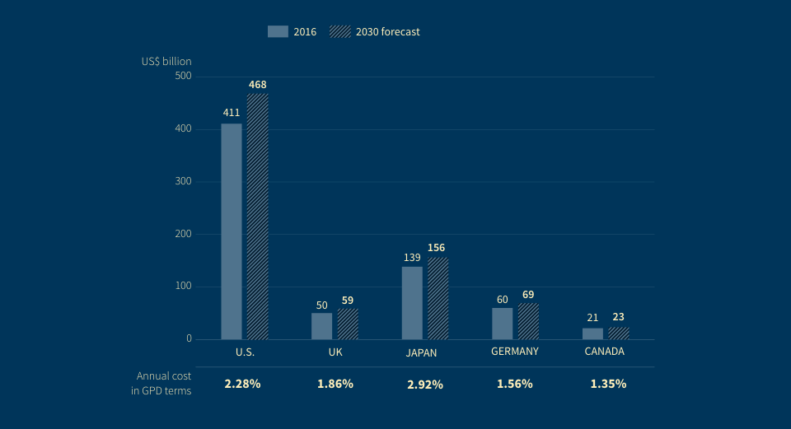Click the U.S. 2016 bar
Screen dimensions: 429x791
232,231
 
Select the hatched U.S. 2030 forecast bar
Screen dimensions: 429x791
258,216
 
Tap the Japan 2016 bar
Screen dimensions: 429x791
412,302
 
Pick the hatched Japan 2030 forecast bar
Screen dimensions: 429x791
438,298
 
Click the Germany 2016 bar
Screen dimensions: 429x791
503,323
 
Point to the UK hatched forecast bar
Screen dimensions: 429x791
348,324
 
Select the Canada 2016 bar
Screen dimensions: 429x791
592,333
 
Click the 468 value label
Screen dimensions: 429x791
258,84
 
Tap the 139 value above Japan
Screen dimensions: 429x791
412,258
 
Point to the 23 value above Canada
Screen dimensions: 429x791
619,317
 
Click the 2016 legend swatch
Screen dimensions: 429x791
278,32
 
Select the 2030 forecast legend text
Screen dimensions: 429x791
388,32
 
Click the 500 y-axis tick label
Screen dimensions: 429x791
182,76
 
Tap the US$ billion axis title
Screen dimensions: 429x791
166,61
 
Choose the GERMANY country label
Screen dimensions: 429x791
515,352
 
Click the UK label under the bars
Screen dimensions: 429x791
335,352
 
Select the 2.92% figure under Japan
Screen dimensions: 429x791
425,385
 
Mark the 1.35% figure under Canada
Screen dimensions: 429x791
608,384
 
